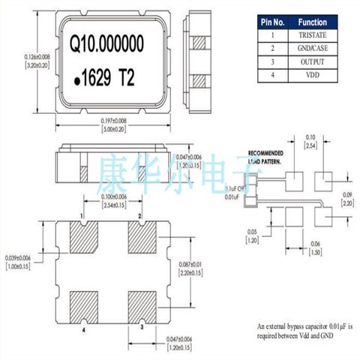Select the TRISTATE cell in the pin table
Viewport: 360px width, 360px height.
310,36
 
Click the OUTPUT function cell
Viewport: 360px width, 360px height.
310,63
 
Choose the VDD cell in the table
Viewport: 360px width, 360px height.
310,76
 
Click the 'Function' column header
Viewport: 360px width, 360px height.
310,22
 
